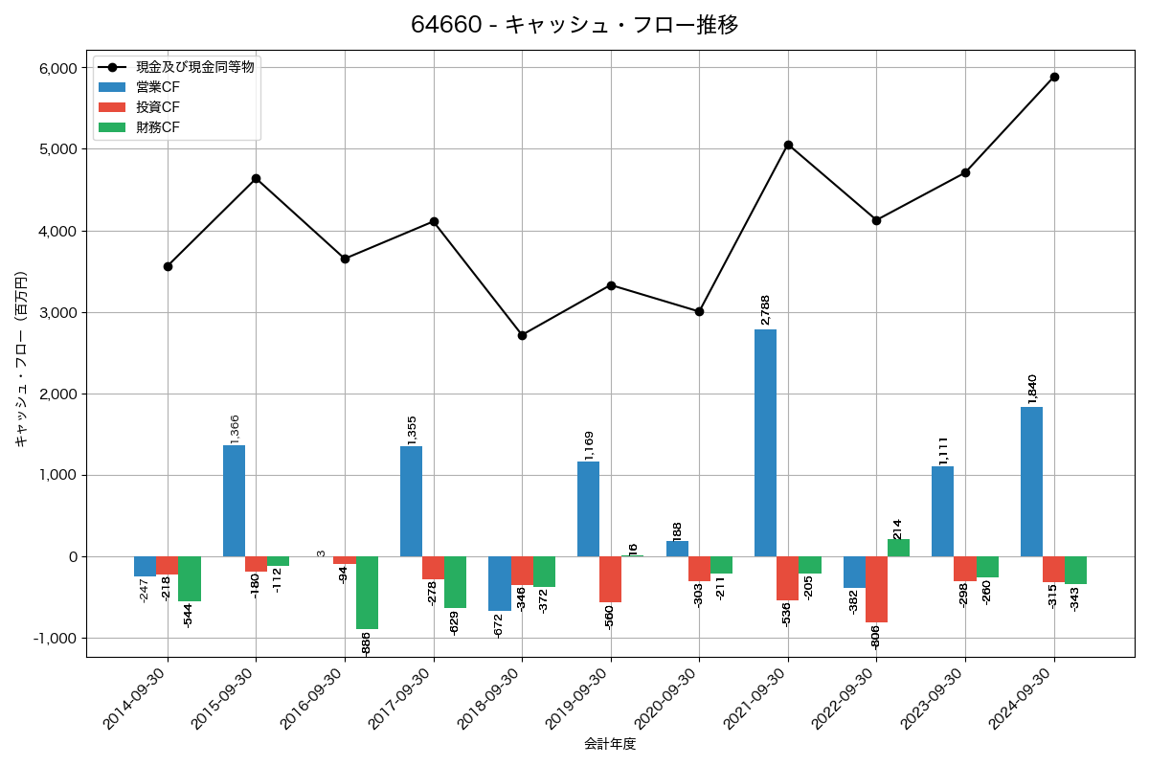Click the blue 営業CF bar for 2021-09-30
[765, 442]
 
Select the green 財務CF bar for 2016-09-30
[367, 593]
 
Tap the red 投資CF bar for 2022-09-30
[876, 589]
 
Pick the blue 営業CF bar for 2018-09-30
[499, 583]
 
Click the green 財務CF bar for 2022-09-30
[898, 548]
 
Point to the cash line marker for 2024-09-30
[1054, 77]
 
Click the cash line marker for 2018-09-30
[522, 335]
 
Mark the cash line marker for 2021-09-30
[788, 145]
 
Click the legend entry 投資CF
[157, 107]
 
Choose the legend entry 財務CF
[157, 127]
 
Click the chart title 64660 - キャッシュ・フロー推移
[574, 25]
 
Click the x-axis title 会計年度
[610, 744]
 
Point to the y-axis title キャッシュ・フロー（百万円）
[21, 360]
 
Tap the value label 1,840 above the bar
[1031, 390]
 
